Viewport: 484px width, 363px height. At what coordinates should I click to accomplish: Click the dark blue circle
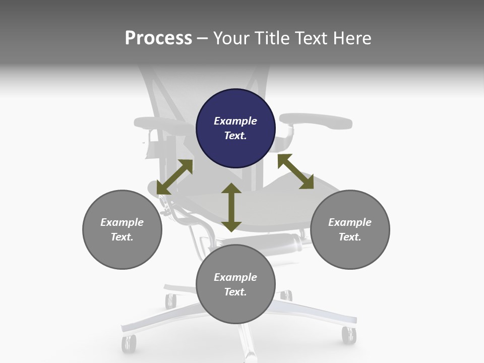tap(235, 129)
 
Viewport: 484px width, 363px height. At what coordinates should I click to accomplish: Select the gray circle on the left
tap(122, 229)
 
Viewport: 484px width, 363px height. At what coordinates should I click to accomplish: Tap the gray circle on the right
tap(350, 229)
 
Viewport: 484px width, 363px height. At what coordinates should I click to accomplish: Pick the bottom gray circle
tap(235, 284)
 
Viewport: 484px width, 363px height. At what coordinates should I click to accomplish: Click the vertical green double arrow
tap(231, 207)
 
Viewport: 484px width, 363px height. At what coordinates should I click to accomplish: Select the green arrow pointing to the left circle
tap(174, 177)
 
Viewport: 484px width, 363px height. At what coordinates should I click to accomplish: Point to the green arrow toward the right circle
tap(295, 171)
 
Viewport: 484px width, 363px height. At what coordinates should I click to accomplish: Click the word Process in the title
tap(158, 38)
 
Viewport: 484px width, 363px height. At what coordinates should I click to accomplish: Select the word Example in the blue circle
tap(235, 121)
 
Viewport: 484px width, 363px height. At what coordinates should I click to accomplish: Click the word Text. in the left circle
tap(122, 237)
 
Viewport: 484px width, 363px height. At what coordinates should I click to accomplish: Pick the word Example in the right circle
tap(350, 222)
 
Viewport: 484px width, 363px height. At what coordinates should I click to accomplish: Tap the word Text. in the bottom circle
tap(235, 292)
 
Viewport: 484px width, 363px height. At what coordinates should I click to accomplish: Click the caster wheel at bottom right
tap(348, 335)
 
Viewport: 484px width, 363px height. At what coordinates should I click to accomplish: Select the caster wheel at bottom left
tap(129, 343)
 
